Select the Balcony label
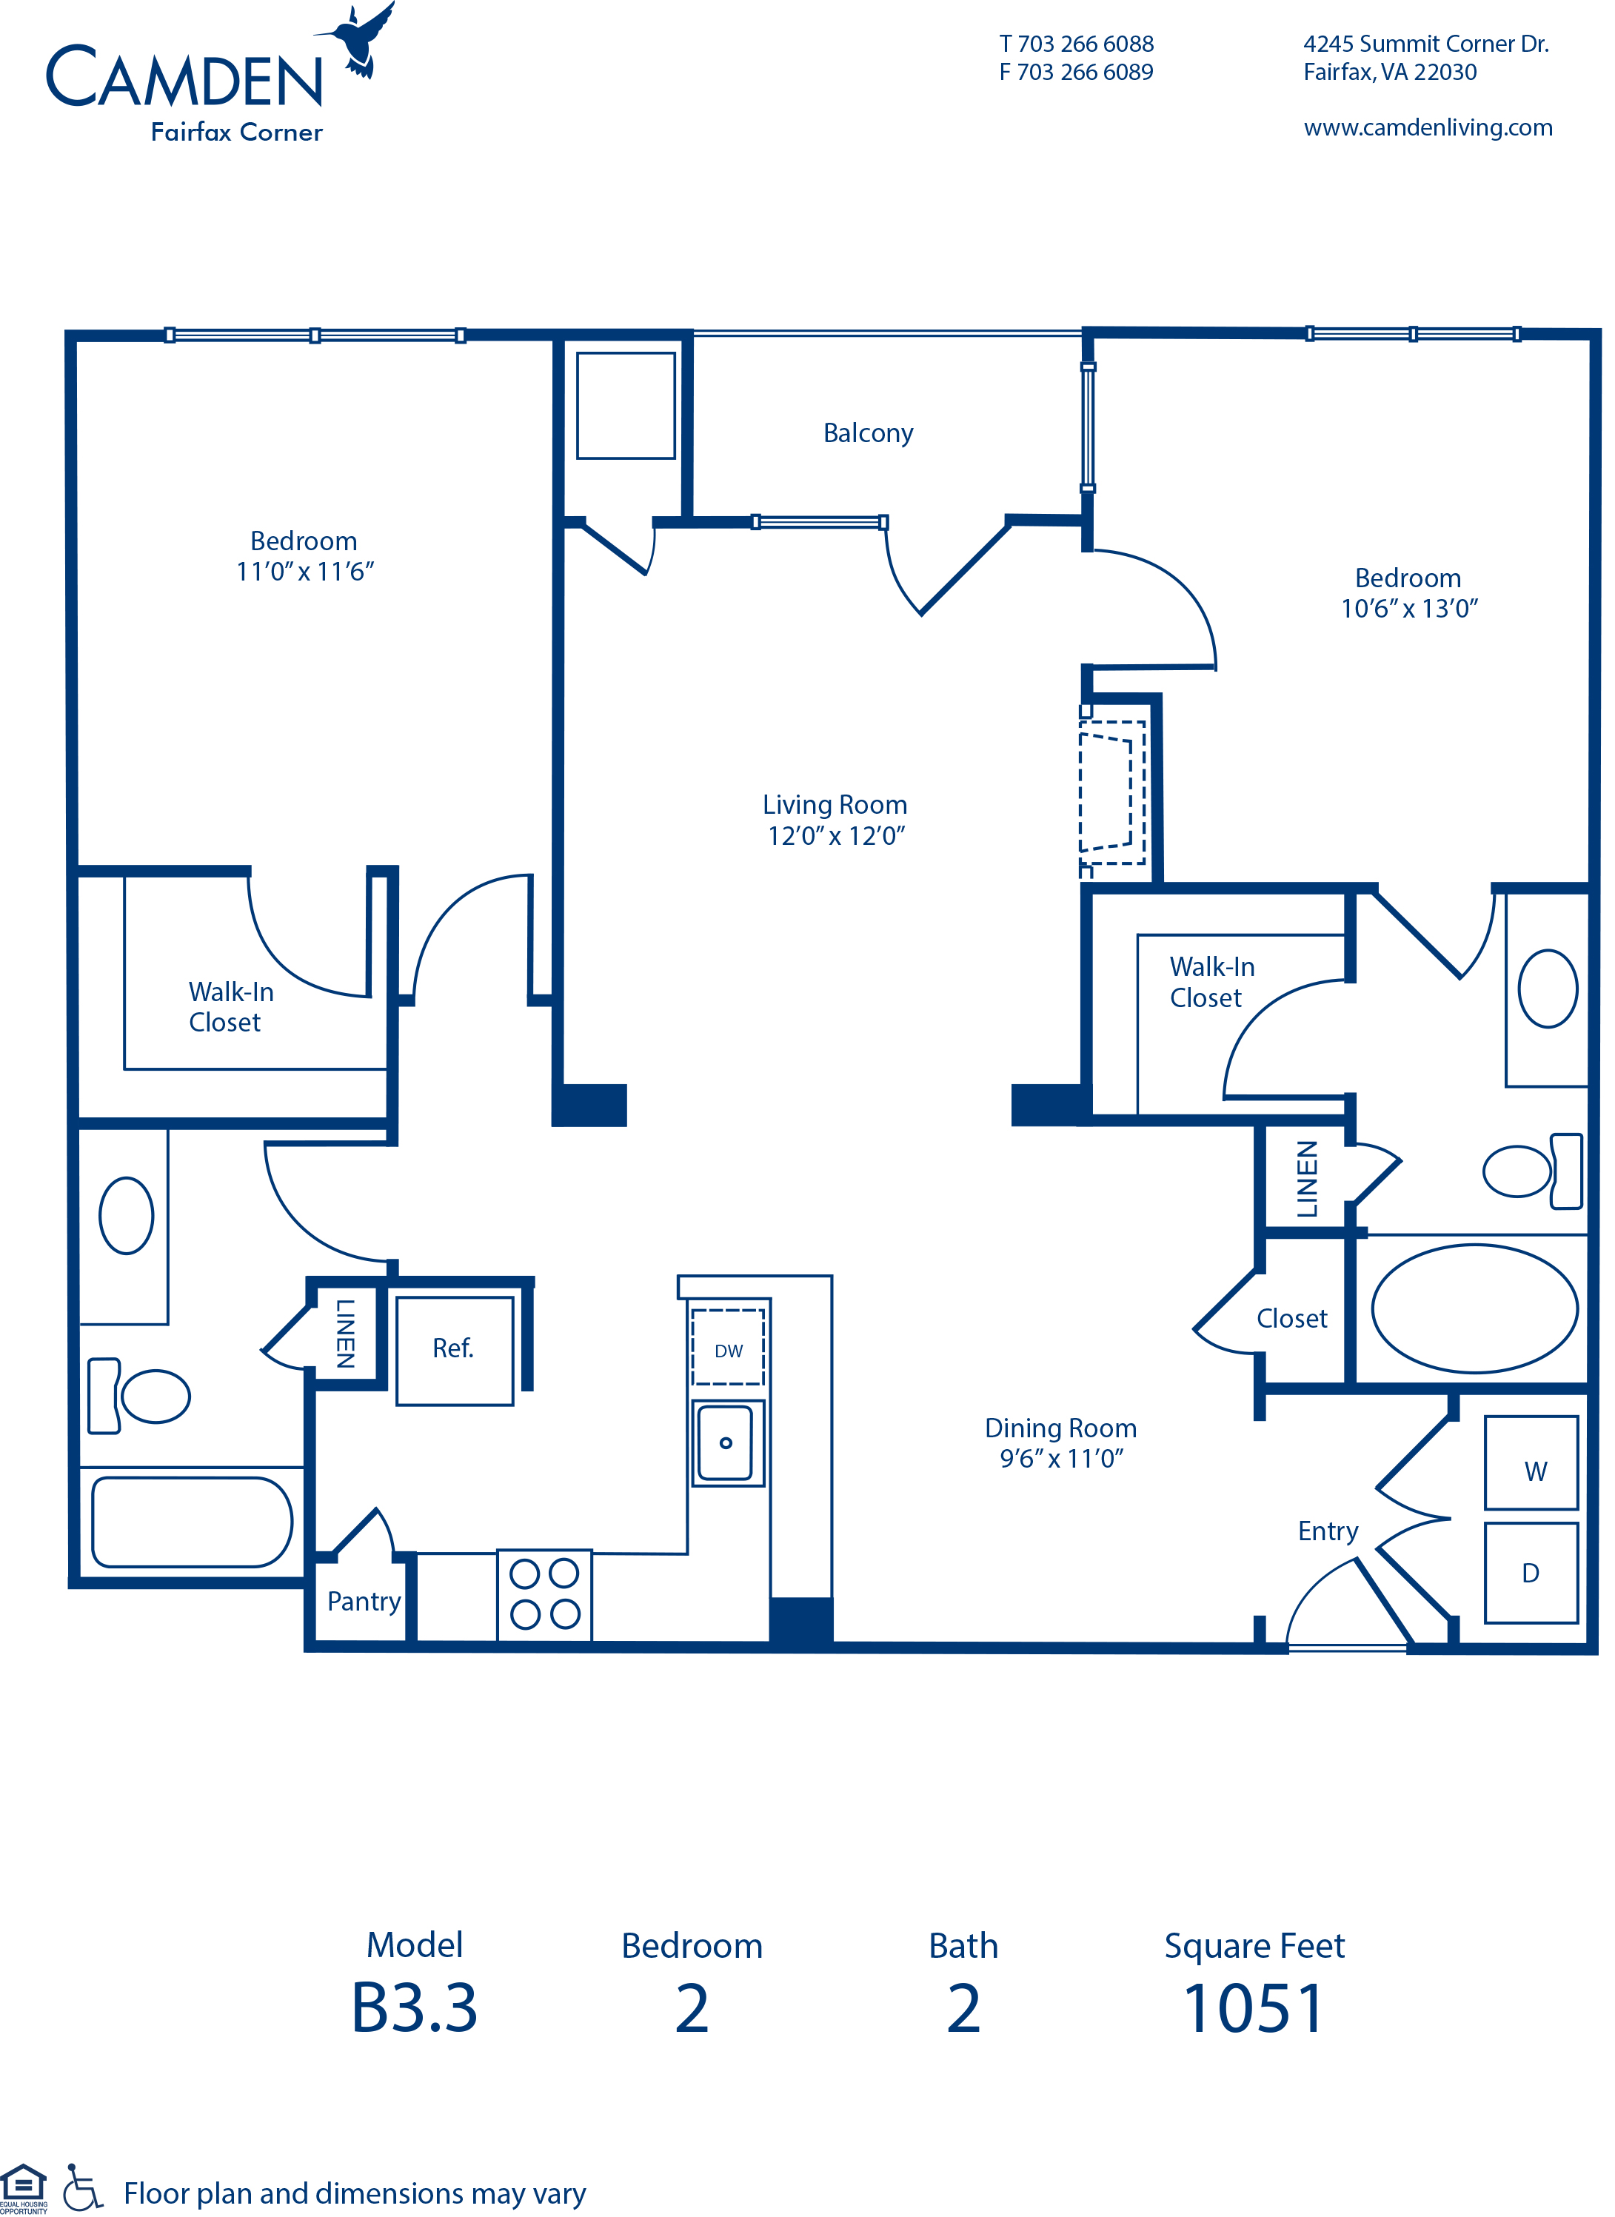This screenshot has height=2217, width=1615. pos(868,433)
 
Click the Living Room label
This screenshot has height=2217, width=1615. pos(835,804)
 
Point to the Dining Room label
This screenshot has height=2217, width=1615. pos(1060,1428)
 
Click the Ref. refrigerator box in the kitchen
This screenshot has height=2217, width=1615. pos(455,1351)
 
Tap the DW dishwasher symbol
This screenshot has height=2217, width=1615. pos(727,1347)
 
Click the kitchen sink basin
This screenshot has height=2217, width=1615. pos(726,1442)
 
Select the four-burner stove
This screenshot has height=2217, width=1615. pos(544,1594)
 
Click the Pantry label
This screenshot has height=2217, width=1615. pos(364,1601)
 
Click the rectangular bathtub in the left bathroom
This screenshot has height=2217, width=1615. pos(193,1522)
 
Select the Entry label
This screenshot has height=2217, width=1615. pos(1328,1531)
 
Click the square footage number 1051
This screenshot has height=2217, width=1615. pos(1254,2009)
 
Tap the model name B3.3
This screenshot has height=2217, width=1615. pos(415,2009)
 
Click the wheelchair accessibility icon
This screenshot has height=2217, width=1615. pos(82,2187)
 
